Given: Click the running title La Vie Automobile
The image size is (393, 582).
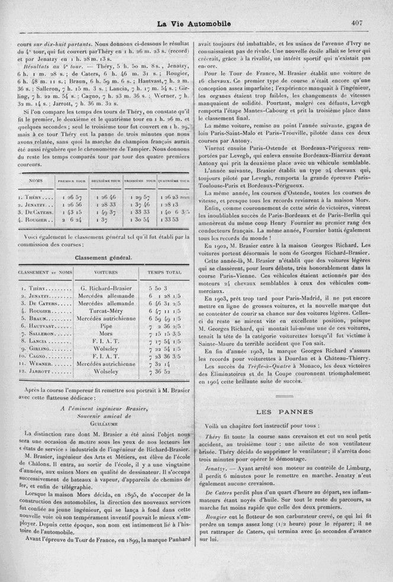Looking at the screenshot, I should point(196,24).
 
